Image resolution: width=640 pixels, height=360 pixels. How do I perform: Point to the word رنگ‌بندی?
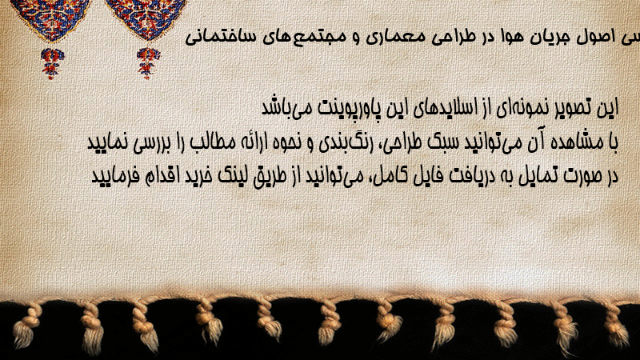pyautogui.click(x=343, y=142)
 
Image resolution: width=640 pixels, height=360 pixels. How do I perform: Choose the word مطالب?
pyautogui.click(x=212, y=142)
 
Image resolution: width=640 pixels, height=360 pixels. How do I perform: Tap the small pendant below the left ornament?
pyautogui.click(x=53, y=63)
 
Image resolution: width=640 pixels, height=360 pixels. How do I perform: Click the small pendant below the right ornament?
pyautogui.click(x=148, y=63)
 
